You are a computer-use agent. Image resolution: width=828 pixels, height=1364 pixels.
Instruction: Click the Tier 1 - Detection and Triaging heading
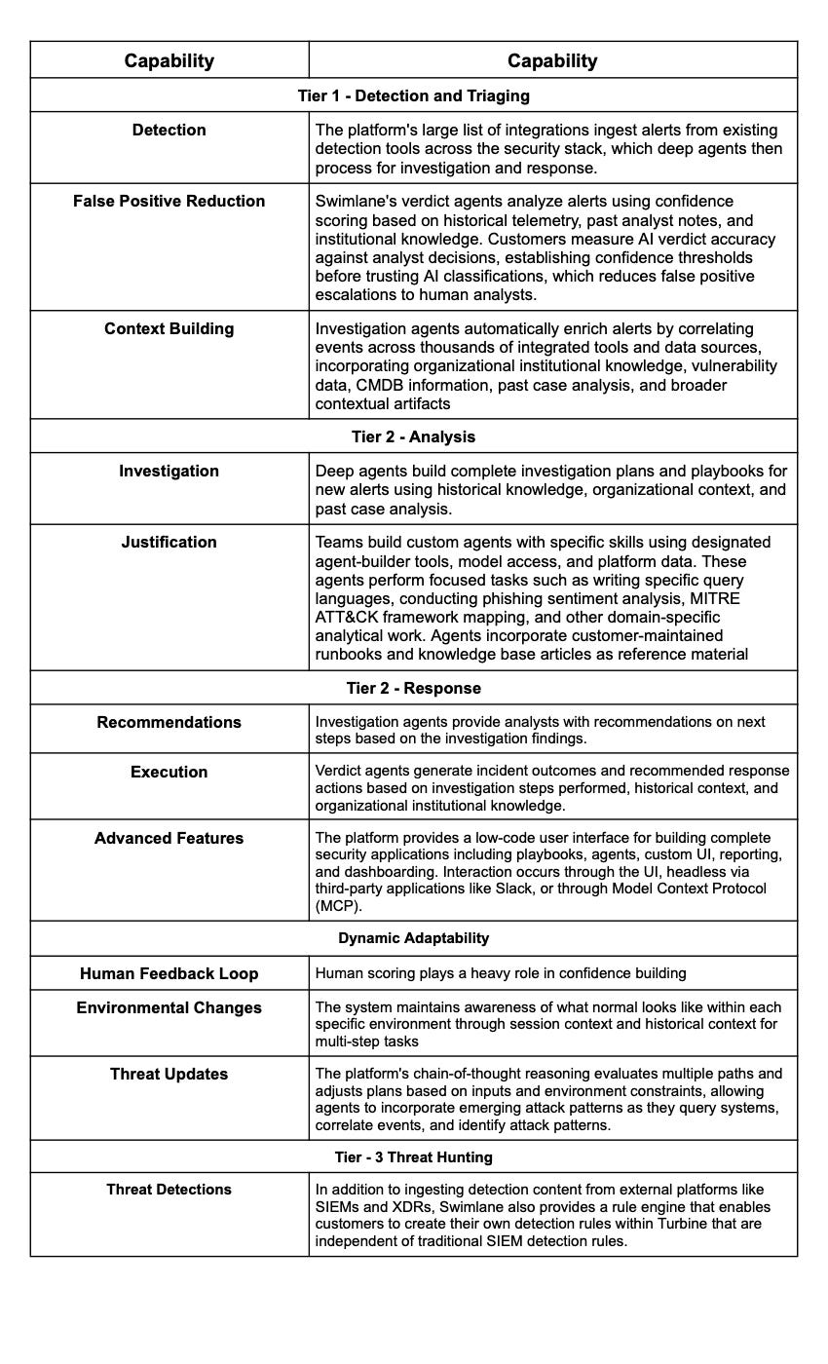coord(413,95)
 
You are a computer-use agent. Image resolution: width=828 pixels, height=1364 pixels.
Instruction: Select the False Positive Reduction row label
coord(169,202)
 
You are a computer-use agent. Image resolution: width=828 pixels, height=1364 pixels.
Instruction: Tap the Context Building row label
coord(169,329)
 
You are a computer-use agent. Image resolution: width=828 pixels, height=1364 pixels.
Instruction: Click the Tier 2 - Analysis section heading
coord(413,436)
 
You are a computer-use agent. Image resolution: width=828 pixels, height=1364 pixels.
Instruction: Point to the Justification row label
coord(169,543)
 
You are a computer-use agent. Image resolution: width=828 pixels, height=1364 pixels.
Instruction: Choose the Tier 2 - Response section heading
coord(413,688)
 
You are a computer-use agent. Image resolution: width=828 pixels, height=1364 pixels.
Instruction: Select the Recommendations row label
coord(169,723)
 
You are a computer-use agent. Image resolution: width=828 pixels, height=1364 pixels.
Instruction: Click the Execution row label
coord(169,773)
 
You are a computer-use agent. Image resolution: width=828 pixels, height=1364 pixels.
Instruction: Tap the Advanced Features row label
coord(169,839)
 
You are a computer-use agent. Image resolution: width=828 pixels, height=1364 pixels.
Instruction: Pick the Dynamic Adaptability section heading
coord(413,938)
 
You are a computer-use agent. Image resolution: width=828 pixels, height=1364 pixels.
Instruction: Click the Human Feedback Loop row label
coord(169,974)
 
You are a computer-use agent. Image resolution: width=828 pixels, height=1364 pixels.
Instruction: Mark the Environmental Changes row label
coord(169,1008)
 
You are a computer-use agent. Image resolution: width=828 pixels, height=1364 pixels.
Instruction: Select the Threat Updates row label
coord(169,1075)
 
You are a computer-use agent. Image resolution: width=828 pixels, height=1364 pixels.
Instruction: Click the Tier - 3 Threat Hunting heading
coord(413,1157)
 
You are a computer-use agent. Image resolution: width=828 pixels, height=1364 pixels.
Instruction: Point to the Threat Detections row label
coord(169,1190)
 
